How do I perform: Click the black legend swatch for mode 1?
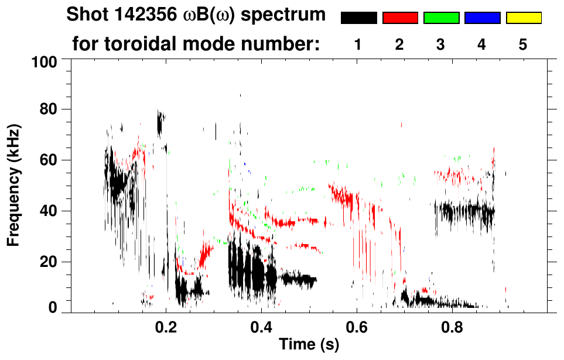click(x=358, y=18)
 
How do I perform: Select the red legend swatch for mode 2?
click(x=400, y=18)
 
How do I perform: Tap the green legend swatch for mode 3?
click(x=441, y=18)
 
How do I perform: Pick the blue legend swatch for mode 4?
click(x=482, y=18)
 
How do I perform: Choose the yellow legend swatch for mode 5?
click(x=523, y=18)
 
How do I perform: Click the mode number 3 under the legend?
click(x=440, y=46)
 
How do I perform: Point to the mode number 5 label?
click(x=523, y=46)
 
